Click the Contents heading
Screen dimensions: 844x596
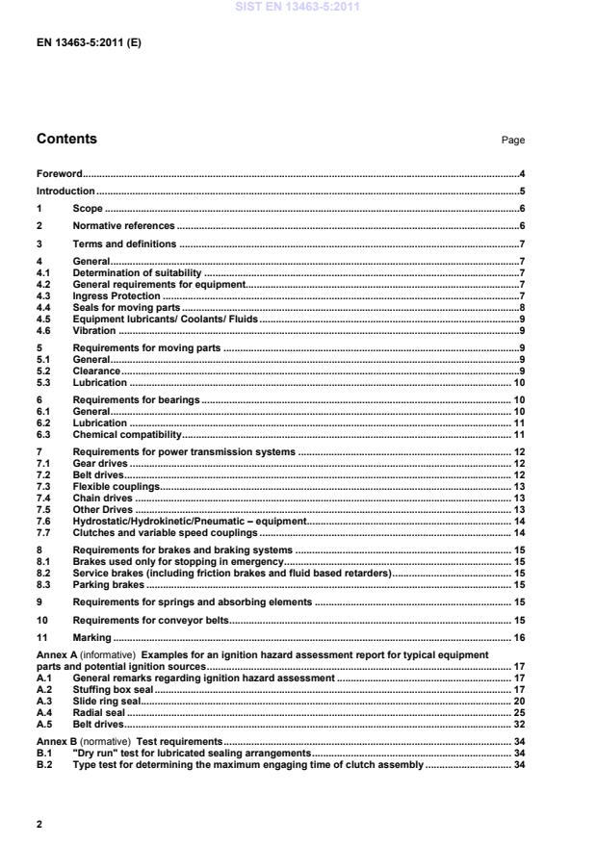[66, 139]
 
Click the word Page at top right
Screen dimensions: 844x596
[512, 141]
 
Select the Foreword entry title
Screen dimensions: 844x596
[59, 174]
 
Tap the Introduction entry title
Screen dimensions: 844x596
[65, 192]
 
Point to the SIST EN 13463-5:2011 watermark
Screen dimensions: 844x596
[298, 8]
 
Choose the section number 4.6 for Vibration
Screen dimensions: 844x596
[44, 330]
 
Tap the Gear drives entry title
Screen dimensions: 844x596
[100, 463]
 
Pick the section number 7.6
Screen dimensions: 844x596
[44, 521]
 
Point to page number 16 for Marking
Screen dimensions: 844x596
[518, 638]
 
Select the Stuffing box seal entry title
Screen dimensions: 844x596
[114, 690]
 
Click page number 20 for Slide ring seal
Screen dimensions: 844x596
[518, 702]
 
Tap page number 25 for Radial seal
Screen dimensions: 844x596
[518, 713]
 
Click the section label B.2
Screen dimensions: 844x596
[44, 765]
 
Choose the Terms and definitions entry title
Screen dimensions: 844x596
[124, 244]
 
